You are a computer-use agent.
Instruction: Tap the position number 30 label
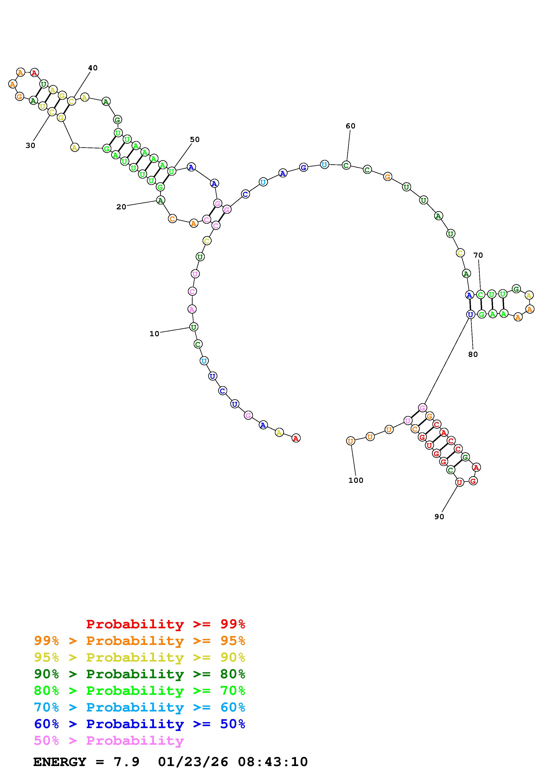(x=30, y=145)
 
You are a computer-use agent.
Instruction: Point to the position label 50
(x=195, y=139)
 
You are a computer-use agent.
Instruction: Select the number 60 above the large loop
(x=350, y=126)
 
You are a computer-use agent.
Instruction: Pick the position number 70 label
(x=478, y=255)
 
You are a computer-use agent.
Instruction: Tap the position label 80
(x=473, y=354)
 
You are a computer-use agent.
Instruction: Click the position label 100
(x=356, y=480)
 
